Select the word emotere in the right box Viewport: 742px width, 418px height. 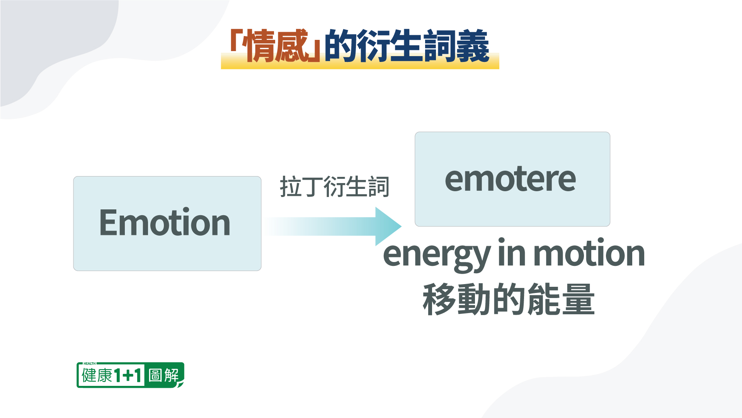511,179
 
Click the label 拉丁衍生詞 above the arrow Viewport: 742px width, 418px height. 334,187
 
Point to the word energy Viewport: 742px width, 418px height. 437,255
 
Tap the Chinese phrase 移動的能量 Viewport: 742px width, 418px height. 509,299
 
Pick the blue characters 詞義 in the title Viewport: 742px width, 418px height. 456,46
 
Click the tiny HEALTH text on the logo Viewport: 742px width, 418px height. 89,363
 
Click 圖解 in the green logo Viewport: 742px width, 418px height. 164,375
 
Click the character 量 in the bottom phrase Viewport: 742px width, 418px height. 578,299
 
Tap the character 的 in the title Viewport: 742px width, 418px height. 340,46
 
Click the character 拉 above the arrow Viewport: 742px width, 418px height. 290,187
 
